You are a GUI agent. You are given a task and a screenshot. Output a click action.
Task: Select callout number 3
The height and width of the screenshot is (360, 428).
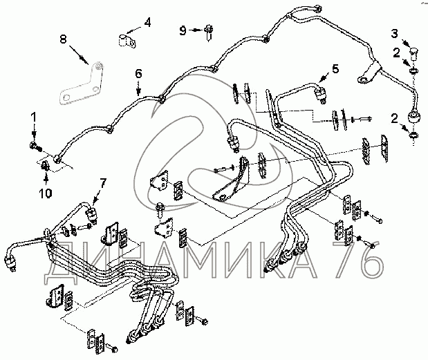(x=395, y=32)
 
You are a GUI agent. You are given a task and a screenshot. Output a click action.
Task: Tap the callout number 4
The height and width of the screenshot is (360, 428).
(x=147, y=22)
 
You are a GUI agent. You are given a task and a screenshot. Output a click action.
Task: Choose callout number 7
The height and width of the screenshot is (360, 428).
(x=103, y=183)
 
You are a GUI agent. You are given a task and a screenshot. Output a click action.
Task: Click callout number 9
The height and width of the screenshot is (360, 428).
(x=183, y=30)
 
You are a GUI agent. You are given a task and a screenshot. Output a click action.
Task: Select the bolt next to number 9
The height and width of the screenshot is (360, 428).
(x=207, y=29)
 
